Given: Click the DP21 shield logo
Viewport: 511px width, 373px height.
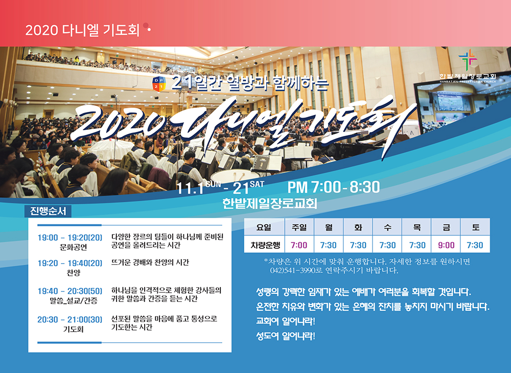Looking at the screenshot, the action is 159,84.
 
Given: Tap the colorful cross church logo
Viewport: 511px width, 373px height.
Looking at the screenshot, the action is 468,60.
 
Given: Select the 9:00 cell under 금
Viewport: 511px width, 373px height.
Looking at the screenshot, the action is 446,245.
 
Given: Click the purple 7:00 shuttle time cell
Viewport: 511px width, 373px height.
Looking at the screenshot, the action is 299,245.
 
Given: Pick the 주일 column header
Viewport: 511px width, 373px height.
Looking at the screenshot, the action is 299,227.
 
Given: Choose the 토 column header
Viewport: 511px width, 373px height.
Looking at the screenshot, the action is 475,227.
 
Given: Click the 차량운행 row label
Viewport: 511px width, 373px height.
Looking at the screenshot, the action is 265,245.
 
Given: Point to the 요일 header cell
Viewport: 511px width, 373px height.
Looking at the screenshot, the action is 264,227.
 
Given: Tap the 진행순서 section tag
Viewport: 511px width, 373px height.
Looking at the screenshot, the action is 48,211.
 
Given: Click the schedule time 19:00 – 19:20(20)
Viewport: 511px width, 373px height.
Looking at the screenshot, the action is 69,238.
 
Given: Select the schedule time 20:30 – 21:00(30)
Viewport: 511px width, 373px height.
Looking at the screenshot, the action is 69,319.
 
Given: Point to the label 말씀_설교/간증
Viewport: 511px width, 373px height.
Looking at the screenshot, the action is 73,300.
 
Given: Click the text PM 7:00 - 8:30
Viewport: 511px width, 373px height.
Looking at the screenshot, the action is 334,188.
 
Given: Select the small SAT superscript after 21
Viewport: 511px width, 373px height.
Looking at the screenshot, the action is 257,184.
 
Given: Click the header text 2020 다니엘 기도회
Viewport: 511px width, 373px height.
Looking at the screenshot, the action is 82,30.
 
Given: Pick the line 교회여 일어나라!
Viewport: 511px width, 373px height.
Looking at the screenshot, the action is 286,321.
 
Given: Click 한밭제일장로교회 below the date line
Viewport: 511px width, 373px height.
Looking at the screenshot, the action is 270,203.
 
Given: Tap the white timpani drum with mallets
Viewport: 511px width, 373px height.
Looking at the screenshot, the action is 235,176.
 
